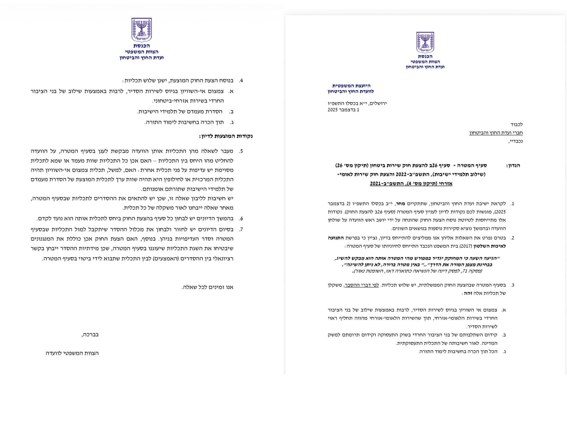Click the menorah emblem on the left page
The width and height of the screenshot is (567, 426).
[141, 30]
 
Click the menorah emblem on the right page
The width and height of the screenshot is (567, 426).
[425, 42]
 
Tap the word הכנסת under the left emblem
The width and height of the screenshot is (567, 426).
[141, 46]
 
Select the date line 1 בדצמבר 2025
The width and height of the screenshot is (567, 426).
[343, 110]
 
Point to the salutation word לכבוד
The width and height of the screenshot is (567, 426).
[517, 124]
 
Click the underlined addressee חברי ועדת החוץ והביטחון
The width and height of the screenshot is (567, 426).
[496, 133]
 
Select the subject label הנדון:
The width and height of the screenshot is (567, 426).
[513, 166]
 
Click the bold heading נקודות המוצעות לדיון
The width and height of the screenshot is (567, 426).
[226, 136]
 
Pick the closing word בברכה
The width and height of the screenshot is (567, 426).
[90, 334]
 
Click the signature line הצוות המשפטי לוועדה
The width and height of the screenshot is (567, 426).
[72, 353]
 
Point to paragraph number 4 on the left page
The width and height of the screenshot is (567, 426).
[241, 81]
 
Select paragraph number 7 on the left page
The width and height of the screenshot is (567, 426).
[241, 229]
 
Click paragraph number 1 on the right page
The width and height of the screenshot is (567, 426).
[512, 204]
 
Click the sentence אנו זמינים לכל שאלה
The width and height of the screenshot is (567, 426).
[207, 287]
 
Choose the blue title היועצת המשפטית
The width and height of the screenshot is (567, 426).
[351, 86]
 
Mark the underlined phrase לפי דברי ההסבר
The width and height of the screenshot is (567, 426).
[361, 285]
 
